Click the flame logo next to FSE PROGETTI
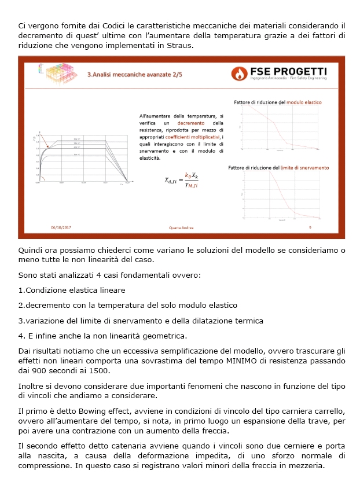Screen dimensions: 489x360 coord(239,73)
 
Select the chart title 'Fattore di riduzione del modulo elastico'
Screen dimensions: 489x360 coord(278,102)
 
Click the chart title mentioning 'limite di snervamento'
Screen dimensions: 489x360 coord(278,167)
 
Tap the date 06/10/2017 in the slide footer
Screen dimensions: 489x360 coord(61,227)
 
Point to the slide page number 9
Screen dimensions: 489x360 coord(310,227)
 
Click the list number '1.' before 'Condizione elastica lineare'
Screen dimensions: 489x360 coord(21,290)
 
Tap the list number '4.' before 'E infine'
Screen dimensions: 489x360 coord(21,335)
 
